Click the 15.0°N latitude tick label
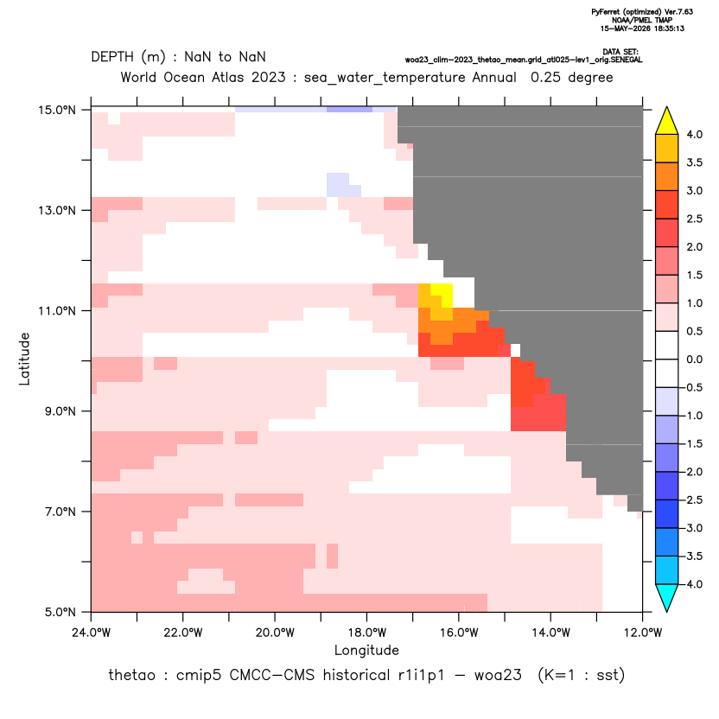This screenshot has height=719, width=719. pyautogui.click(x=57, y=110)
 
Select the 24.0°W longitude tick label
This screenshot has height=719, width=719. pyautogui.click(x=92, y=633)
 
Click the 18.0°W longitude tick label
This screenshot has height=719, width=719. pyautogui.click(x=366, y=633)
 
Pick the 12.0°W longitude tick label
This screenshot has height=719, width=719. pyautogui.click(x=643, y=633)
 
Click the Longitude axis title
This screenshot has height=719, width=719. pyautogui.click(x=366, y=650)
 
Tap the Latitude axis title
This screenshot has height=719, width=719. pyautogui.click(x=24, y=359)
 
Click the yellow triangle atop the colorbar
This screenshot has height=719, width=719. pyautogui.click(x=667, y=121)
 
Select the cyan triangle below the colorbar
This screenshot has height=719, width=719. pyautogui.click(x=667, y=598)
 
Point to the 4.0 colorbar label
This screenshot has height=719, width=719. pyautogui.click(x=694, y=135)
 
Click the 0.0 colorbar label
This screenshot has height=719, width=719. pyautogui.click(x=694, y=359)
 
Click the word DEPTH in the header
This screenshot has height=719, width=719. pyautogui.click(x=112, y=57)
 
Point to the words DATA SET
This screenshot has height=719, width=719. pyautogui.click(x=620, y=52)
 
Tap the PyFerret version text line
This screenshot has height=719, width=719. pyautogui.click(x=642, y=12)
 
